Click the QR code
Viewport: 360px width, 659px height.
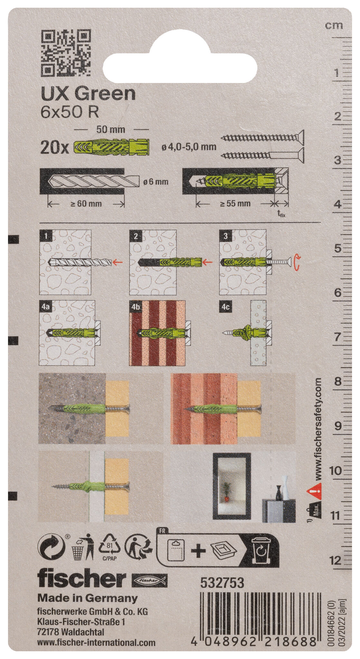(66, 52)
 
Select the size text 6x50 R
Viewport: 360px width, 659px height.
(70, 112)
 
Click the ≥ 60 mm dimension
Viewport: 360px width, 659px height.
(86, 203)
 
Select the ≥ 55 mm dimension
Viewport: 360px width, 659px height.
(235, 203)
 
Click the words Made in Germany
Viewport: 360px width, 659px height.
(88, 599)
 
